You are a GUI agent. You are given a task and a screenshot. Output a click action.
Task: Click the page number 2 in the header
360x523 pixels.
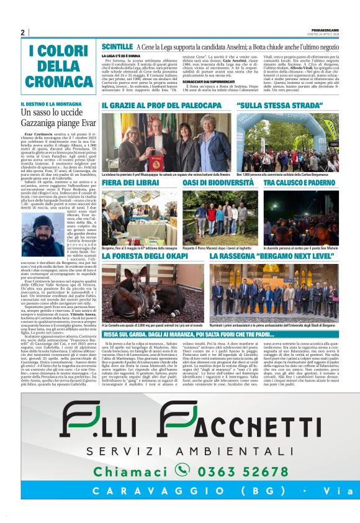[x=22, y=32]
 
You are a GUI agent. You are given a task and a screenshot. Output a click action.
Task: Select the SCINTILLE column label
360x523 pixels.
[x=117, y=47]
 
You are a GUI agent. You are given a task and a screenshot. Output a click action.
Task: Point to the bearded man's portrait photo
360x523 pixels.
[x=42, y=236]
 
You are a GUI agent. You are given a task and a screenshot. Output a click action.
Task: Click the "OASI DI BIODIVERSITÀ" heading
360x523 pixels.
[x=216, y=182]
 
